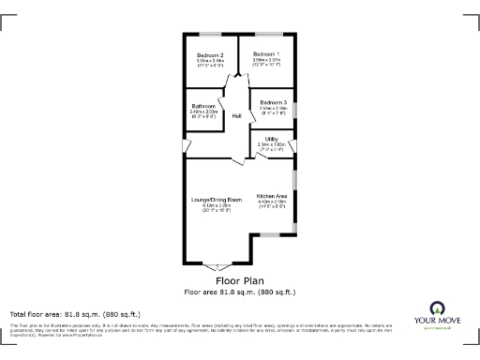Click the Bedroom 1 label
[266, 54]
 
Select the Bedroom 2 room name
[210, 54]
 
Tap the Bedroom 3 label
[273, 101]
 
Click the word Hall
[237, 115]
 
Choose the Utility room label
[271, 138]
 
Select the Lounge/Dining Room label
[217, 200]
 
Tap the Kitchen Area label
[271, 195]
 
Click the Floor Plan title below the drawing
[239, 280]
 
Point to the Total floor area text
[75, 313]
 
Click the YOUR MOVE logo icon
[436, 308]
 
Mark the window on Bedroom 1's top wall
[266, 35]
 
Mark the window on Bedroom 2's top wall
[210, 35]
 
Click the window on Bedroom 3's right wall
[295, 109]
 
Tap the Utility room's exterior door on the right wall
[295, 145]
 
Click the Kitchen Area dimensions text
[271, 203]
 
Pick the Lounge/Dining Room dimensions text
[217, 207]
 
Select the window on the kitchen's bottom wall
[271, 233]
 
